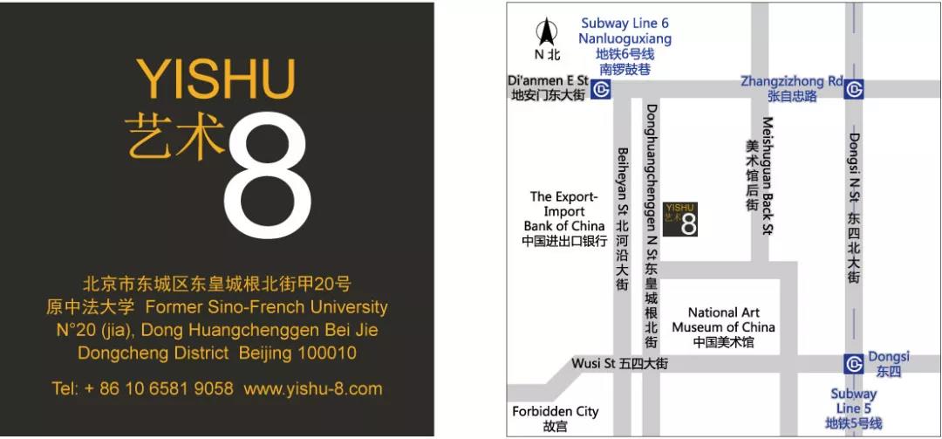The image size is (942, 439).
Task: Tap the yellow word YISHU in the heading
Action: [216, 79]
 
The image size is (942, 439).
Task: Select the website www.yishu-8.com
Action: [312, 388]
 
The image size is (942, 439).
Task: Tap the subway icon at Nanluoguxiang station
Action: [600, 89]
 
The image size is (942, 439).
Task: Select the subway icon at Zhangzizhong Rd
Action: [854, 89]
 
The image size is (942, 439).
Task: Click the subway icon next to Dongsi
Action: [854, 364]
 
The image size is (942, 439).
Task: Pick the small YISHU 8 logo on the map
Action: [680, 219]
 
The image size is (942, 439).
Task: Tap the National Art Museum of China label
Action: [723, 320]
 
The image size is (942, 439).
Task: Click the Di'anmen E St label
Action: [548, 81]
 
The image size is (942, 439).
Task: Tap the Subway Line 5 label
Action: [853, 401]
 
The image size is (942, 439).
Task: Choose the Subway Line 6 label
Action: [625, 24]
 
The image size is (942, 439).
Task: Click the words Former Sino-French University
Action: [266, 307]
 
